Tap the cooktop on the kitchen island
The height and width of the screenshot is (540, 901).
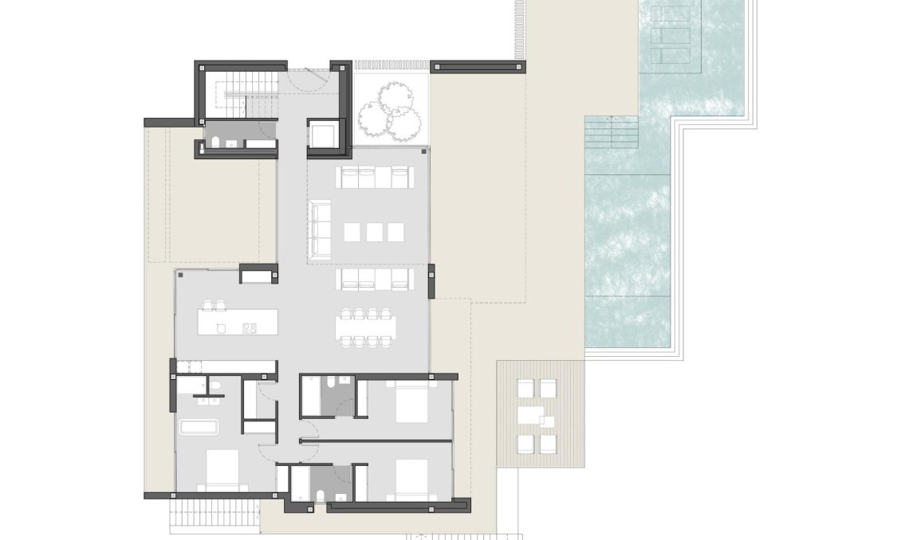pos(248,327)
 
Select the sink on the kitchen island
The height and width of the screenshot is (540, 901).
pos(222,327)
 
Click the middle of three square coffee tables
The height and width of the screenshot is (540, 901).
pos(374,232)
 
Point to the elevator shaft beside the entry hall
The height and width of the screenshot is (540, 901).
pos(326,135)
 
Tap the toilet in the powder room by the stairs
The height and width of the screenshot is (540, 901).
pos(214,143)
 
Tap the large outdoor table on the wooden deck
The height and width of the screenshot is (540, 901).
pos(531,416)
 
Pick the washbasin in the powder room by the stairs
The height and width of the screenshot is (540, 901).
pos(231,144)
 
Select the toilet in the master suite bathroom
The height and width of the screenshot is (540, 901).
pos(214,387)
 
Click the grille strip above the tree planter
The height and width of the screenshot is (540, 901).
pos(391,65)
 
